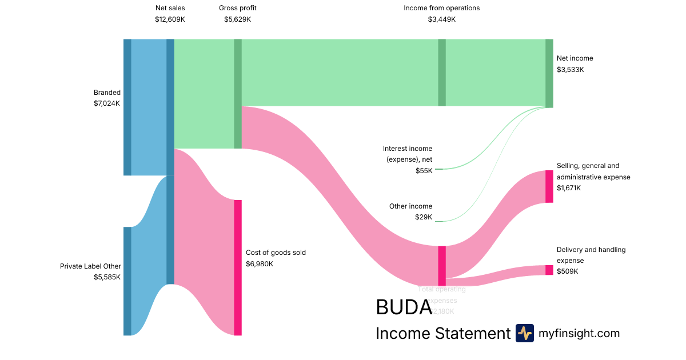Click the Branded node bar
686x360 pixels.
pyautogui.click(x=127, y=107)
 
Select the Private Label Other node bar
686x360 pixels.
pyautogui.click(x=127, y=281)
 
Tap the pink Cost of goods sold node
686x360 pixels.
pyautogui.click(x=238, y=267)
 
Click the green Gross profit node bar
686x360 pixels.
pyautogui.click(x=238, y=94)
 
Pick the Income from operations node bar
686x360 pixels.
pyautogui.click(x=442, y=73)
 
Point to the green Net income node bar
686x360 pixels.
pyautogui.click(x=549, y=73)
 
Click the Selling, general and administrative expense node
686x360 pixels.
pyautogui.click(x=549, y=186)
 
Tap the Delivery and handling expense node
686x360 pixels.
pyautogui.click(x=549, y=270)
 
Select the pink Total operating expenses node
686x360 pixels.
pyautogui.click(x=442, y=266)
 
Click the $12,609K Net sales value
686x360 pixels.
pyautogui.click(x=170, y=19)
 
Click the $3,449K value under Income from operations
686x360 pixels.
pyautogui.click(x=442, y=19)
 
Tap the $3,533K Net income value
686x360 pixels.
pyautogui.click(x=571, y=70)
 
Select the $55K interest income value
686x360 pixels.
pyautogui.click(x=424, y=171)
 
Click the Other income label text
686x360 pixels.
pyautogui.click(x=410, y=206)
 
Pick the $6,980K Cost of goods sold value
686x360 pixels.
pyautogui.click(x=260, y=264)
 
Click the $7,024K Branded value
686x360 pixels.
pyautogui.click(x=107, y=103)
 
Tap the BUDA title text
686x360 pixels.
pyautogui.click(x=404, y=307)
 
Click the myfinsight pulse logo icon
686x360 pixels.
pyautogui.click(x=524, y=333)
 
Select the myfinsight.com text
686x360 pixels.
pyautogui.click(x=579, y=333)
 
